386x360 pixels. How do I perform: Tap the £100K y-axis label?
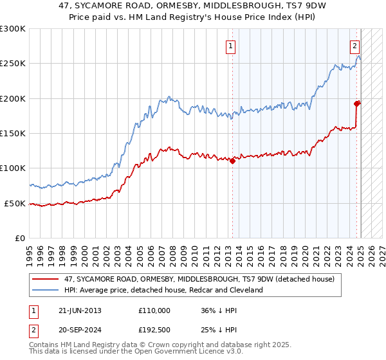point(13,168)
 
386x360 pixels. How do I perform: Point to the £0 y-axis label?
point(20,238)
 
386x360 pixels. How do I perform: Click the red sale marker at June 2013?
point(232,161)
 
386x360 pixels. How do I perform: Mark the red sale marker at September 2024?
point(357,103)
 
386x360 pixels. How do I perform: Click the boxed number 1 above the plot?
point(230,46)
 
